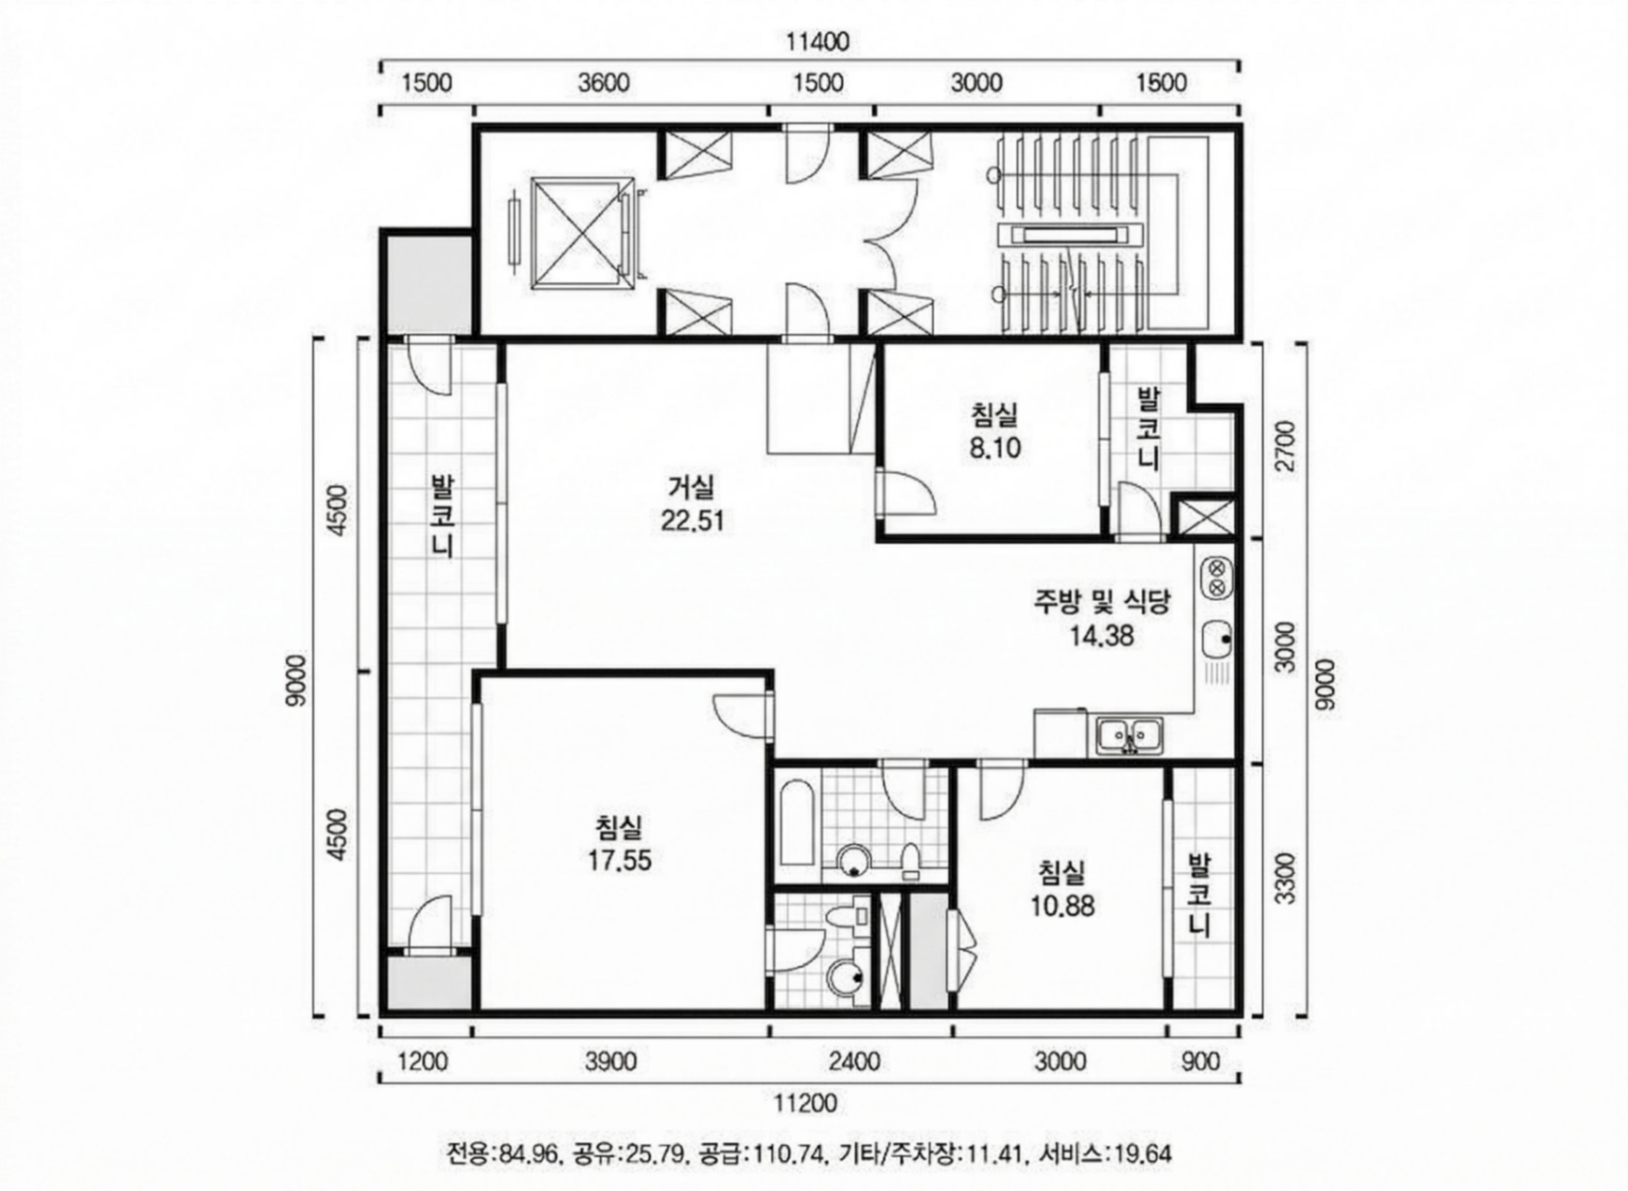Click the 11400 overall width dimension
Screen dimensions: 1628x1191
(x=817, y=42)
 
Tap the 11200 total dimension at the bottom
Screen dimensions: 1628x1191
(x=806, y=1103)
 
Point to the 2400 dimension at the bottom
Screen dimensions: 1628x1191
(x=853, y=1062)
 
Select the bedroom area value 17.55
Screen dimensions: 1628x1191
(x=620, y=861)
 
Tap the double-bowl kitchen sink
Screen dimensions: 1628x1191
(x=1129, y=735)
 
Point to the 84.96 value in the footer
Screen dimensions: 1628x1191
(x=530, y=1154)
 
